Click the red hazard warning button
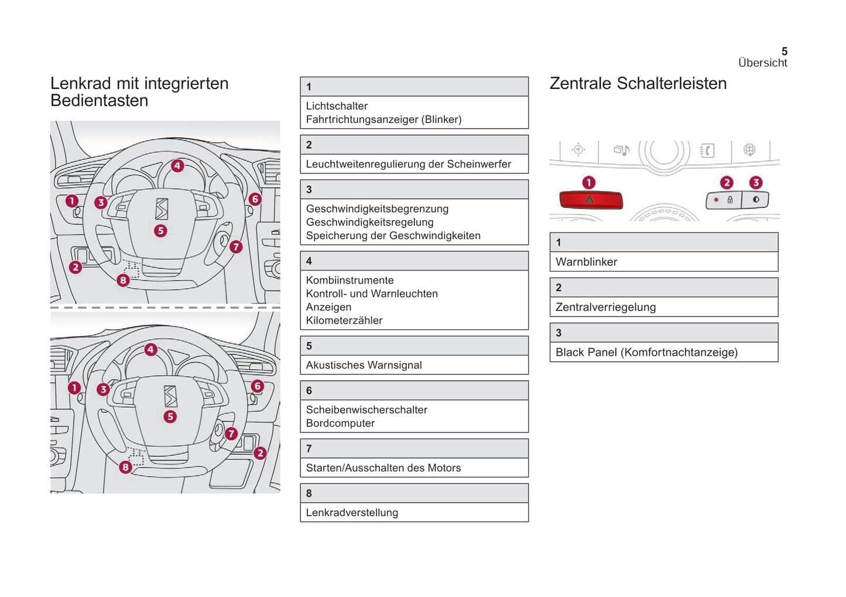(x=590, y=200)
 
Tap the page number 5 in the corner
(x=784, y=52)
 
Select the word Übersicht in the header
(x=762, y=63)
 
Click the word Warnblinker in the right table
(x=586, y=262)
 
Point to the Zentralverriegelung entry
(x=605, y=307)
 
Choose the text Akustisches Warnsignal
(x=364, y=365)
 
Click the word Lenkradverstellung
(x=352, y=513)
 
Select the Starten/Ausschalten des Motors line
(x=383, y=468)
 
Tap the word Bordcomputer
(x=340, y=423)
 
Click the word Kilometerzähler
(x=344, y=320)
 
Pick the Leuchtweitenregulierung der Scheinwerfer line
(x=408, y=164)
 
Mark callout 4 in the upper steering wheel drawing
(x=177, y=166)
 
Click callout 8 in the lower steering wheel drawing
(x=125, y=467)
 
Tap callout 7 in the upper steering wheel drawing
(x=235, y=247)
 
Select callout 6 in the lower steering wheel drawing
(x=257, y=386)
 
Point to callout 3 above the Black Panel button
(x=756, y=183)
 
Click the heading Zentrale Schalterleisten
(x=638, y=83)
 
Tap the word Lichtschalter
(x=337, y=106)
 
